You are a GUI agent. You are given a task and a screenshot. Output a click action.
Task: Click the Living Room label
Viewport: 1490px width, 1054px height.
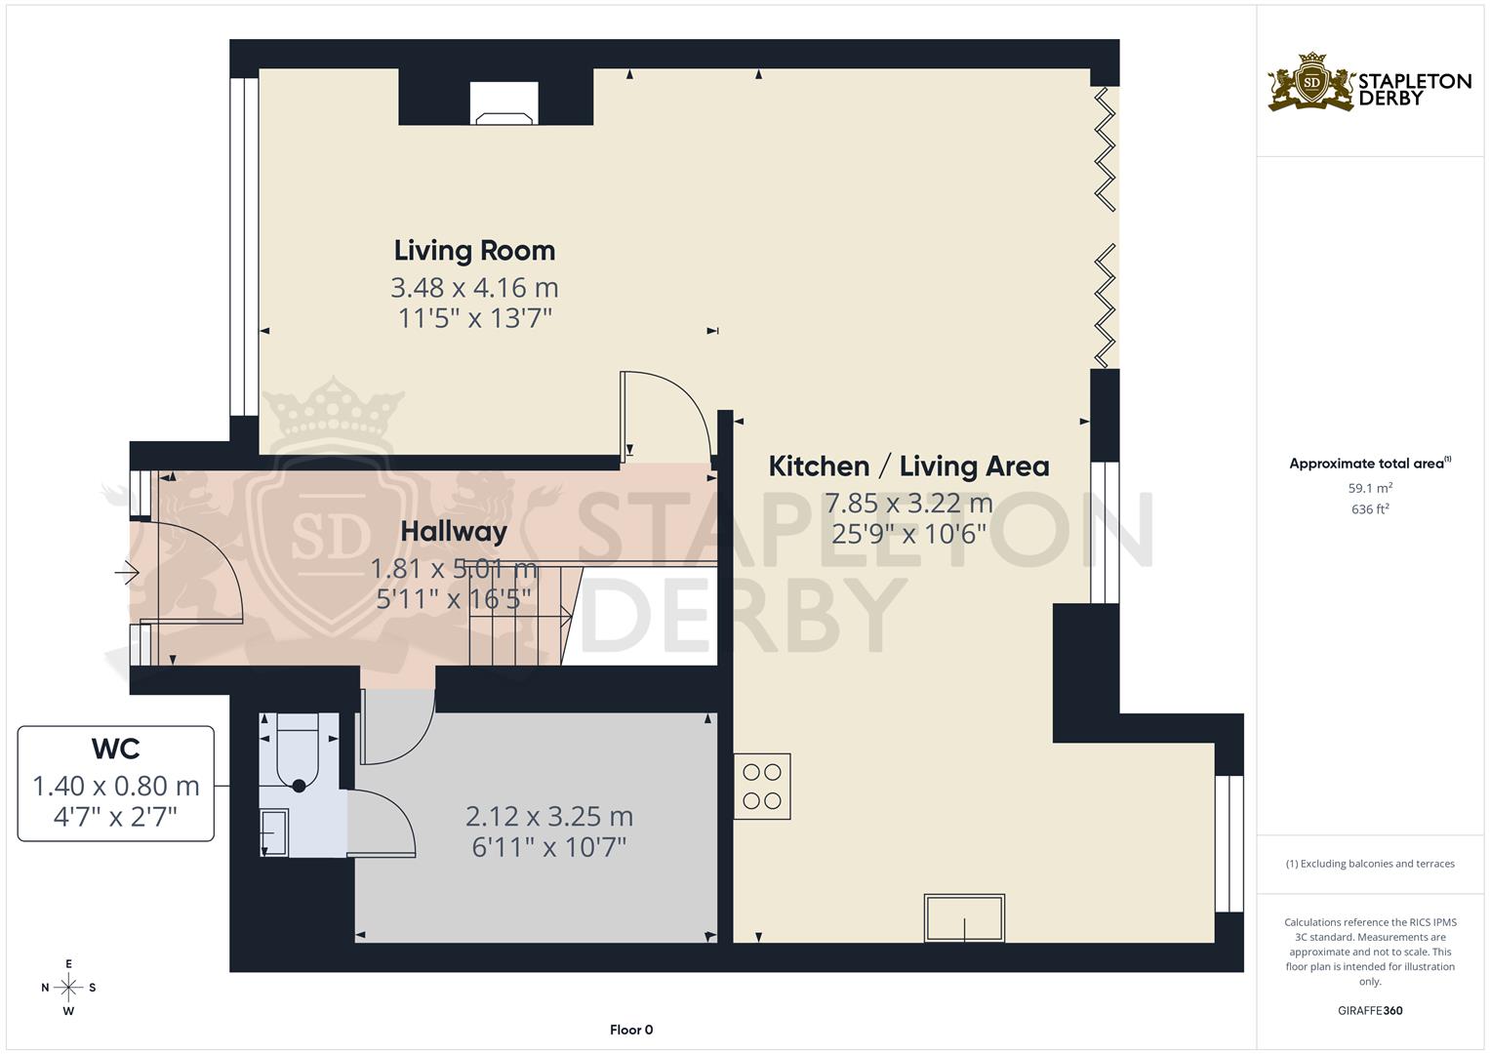(x=474, y=251)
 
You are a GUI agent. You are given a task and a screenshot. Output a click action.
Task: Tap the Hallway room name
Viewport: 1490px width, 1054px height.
(x=454, y=532)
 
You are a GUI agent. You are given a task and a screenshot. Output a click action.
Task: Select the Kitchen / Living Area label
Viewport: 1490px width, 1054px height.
(x=908, y=466)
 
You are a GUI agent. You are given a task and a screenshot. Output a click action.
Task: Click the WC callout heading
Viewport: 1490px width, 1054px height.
(x=115, y=749)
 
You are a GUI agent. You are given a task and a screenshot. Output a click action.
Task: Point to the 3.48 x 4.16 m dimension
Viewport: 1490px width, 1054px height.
(x=474, y=288)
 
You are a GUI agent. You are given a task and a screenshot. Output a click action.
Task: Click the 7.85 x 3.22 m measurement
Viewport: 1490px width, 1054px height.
(x=908, y=504)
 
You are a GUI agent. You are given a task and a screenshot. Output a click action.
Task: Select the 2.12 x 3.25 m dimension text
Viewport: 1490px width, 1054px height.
(x=549, y=816)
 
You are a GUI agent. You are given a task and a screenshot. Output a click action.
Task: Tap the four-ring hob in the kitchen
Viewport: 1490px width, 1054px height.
(x=762, y=787)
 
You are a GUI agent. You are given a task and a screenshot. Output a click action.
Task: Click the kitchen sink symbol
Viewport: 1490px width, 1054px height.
(x=964, y=918)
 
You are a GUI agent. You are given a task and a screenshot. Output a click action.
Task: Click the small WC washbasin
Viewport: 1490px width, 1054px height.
(x=273, y=832)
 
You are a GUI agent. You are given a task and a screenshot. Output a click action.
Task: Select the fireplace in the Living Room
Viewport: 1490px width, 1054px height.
(x=503, y=103)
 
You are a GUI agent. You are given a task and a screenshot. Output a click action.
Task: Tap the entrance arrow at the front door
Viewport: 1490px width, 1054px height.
(x=127, y=573)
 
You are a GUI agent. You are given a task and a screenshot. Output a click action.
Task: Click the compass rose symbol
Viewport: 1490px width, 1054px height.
(x=68, y=987)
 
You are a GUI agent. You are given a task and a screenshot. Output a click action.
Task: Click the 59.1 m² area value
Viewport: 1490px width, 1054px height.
(x=1370, y=488)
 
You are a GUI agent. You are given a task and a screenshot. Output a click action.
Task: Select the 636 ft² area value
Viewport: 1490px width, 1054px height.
(x=1370, y=509)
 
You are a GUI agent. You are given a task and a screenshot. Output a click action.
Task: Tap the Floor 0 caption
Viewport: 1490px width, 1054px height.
(x=631, y=1030)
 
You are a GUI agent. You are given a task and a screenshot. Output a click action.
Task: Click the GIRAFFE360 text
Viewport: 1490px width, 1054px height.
(x=1370, y=1010)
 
